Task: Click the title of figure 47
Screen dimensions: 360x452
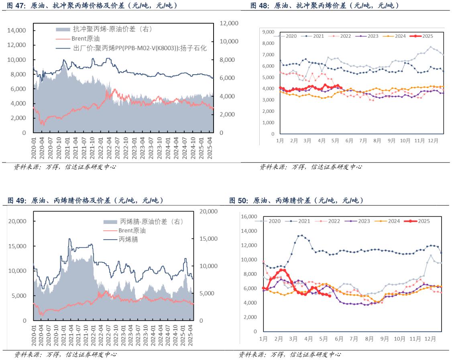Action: [92, 6]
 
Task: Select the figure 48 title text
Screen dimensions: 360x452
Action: [325, 6]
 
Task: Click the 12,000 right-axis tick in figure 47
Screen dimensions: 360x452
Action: [230, 23]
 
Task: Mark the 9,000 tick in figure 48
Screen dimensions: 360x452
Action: [267, 32]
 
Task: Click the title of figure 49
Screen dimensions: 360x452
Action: [85, 200]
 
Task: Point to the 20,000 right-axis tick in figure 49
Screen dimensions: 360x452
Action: [208, 211]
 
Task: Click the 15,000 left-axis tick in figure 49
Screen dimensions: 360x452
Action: [18, 246]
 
